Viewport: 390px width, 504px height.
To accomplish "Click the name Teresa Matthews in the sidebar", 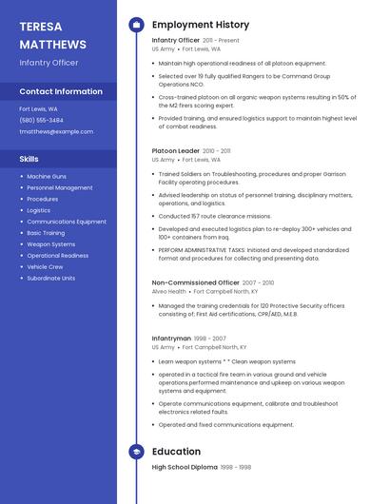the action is pyautogui.click(x=52, y=35).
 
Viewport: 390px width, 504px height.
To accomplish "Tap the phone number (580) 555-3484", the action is pyautogui.click(x=41, y=120).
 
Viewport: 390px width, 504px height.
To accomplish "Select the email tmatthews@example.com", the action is pyautogui.click(x=56, y=131).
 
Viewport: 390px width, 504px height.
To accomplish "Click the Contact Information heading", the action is pyautogui.click(x=61, y=91).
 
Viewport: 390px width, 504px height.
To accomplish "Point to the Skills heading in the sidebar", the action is pyautogui.click(x=29, y=159).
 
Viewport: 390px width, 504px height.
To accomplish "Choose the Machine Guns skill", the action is pyautogui.click(x=47, y=177).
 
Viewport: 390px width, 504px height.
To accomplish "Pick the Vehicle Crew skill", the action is pyautogui.click(x=45, y=267).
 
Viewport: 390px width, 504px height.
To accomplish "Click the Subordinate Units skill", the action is pyautogui.click(x=51, y=279).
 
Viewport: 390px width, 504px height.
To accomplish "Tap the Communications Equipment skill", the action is pyautogui.click(x=67, y=222).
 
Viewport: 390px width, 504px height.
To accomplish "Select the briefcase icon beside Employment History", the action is pyautogui.click(x=136, y=25).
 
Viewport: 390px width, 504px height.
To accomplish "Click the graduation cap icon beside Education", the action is pyautogui.click(x=136, y=451).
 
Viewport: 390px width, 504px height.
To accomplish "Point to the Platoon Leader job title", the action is pyautogui.click(x=175, y=150).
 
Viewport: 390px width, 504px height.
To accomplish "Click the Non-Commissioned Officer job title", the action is pyautogui.click(x=195, y=282).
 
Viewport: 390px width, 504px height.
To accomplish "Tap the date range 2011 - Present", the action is pyautogui.click(x=221, y=41).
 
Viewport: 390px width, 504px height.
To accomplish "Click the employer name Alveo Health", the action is pyautogui.click(x=168, y=292).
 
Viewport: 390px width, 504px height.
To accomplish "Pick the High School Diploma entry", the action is pyautogui.click(x=184, y=467).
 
